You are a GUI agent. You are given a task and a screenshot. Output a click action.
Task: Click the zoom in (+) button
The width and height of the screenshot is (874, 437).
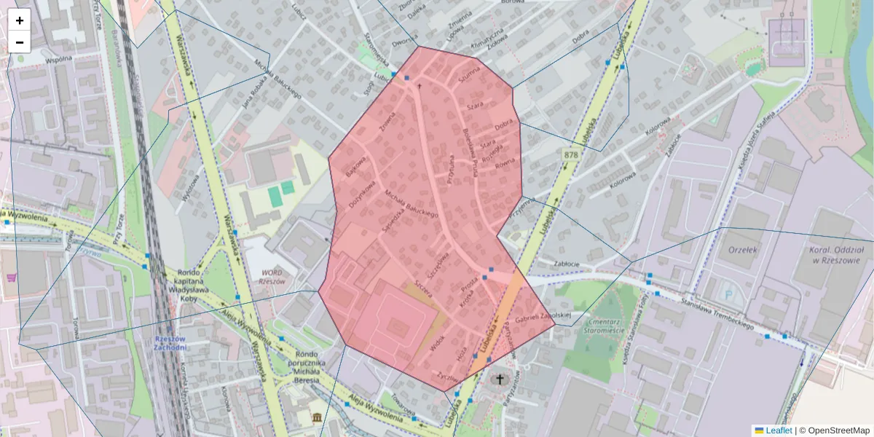tap(19, 20)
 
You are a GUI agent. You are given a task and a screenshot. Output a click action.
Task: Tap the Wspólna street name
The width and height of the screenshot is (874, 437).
tap(58, 60)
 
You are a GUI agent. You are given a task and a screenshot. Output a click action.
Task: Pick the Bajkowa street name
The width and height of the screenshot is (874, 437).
tap(355, 170)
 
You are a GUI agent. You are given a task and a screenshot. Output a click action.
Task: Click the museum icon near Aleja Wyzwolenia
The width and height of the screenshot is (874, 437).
tap(318, 417)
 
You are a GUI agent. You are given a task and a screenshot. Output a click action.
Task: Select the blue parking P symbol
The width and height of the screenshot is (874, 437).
tap(729, 295)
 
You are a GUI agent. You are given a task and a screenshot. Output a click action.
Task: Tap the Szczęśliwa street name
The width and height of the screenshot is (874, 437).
tap(440, 267)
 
